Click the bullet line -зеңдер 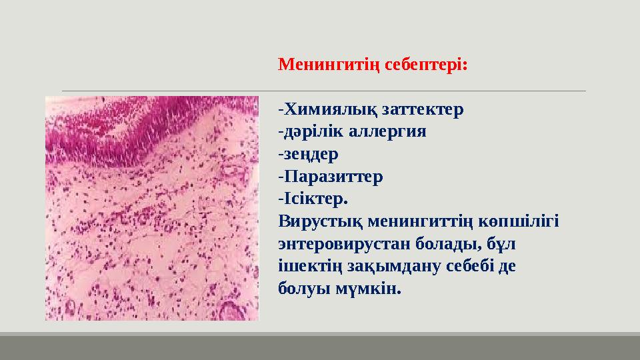(x=308, y=154)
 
